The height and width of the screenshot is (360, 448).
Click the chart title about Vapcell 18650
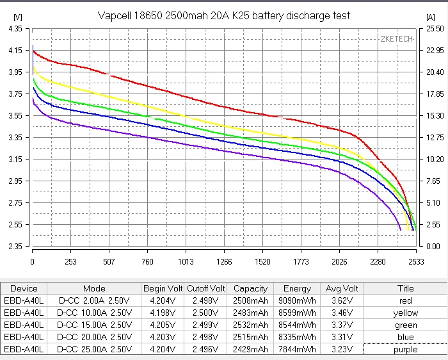224,15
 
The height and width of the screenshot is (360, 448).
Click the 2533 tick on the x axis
416,261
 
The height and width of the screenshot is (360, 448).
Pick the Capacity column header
250,288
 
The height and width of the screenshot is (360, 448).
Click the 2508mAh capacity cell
250,300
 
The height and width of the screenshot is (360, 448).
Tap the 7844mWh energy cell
297,349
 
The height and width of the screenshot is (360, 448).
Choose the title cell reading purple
405,349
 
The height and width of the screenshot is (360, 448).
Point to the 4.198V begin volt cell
163,313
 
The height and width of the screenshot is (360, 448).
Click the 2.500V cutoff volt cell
205,313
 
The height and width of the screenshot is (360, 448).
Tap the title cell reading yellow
405,313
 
